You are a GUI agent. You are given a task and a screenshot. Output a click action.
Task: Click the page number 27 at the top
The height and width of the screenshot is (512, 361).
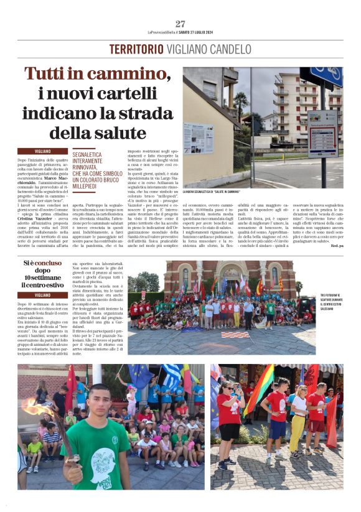pyautogui.click(x=180, y=24)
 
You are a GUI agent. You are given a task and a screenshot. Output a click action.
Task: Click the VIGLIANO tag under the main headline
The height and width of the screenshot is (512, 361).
pyautogui.click(x=43, y=151)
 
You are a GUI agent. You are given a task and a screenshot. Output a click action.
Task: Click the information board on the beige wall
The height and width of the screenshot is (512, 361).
pyautogui.click(x=199, y=138)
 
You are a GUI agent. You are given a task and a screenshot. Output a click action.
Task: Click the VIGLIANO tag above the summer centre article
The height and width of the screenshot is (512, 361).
pyautogui.click(x=43, y=295)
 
